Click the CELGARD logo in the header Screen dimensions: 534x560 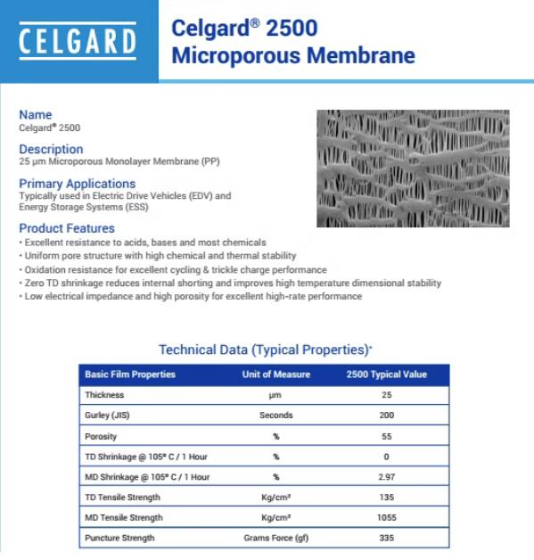point(78,42)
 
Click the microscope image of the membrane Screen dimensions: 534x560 point(413,168)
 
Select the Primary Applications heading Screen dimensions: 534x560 point(78,184)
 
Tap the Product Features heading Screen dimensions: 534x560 point(67,228)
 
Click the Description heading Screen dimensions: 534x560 point(51,149)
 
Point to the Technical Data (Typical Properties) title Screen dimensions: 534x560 point(265,350)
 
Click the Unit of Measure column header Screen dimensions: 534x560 point(276,375)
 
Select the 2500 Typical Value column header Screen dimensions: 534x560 point(387,375)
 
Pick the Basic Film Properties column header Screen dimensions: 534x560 point(130,375)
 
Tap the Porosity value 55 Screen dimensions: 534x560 point(387,436)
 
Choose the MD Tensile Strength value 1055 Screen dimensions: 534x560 point(387,518)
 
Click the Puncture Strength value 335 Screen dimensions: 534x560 point(387,539)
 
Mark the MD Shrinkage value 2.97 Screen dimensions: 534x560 point(387,477)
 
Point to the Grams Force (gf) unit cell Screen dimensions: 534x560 point(276,539)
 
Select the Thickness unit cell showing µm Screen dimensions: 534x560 point(276,395)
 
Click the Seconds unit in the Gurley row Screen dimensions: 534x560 point(276,416)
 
